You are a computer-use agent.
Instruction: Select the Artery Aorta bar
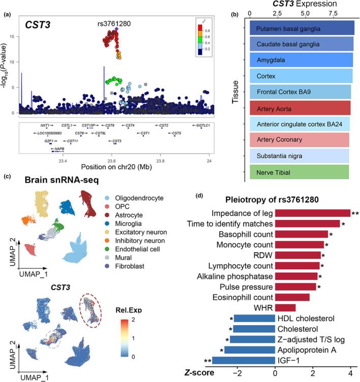coord(300,108)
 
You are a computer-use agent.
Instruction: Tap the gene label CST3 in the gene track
coord(116,141)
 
